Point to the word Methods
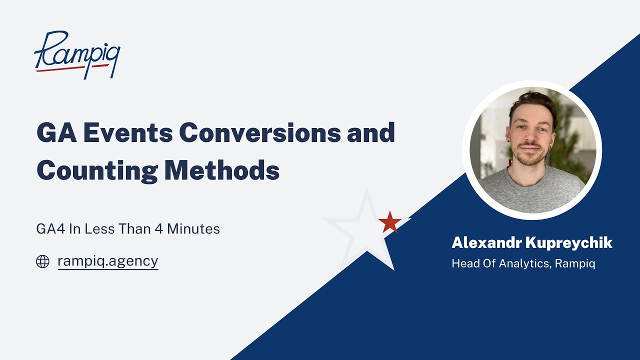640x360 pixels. point(221,171)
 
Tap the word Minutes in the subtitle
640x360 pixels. point(193,229)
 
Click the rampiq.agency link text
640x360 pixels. point(108,261)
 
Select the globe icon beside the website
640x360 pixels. point(42,261)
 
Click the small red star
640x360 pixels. point(390,222)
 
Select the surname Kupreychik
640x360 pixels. point(569,243)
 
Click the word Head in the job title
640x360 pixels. point(463,263)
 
